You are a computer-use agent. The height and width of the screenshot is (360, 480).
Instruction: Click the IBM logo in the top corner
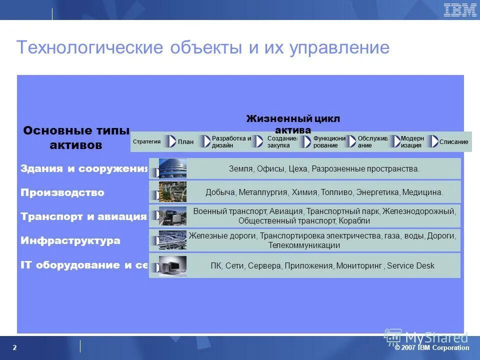(460, 10)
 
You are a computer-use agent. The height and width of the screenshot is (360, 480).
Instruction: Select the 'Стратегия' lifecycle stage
(146, 141)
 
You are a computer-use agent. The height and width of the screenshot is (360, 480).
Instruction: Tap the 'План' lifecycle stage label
(185, 142)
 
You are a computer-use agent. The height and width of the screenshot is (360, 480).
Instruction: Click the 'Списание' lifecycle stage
(453, 142)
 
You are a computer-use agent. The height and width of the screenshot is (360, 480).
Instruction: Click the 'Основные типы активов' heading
(76, 138)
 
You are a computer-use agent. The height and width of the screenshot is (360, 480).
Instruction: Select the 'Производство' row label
(62, 192)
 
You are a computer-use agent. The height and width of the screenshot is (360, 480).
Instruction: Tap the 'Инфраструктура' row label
(70, 240)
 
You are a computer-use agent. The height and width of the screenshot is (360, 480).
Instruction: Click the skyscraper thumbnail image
(172, 168)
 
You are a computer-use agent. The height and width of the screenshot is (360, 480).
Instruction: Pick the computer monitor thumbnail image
(172, 266)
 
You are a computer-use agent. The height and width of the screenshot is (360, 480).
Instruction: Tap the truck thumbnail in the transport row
(172, 216)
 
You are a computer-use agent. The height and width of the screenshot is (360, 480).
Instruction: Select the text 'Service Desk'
(410, 266)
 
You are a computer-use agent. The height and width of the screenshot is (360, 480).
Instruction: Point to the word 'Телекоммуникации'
(304, 245)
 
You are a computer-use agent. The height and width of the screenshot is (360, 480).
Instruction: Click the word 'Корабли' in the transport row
(354, 221)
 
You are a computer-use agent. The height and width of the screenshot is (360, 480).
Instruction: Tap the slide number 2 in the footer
(14, 348)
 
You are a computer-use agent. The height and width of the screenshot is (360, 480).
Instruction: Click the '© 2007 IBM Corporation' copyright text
(432, 348)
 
